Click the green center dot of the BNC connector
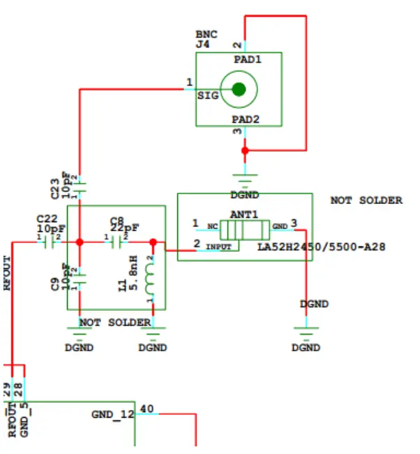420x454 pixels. [x=239, y=89]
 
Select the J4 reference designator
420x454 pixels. [x=202, y=44]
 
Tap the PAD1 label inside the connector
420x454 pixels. [x=247, y=60]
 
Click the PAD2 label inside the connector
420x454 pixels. [x=247, y=119]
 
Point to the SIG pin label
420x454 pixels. [x=208, y=94]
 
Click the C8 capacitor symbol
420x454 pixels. [x=117, y=242]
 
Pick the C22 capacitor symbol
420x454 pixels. [x=49, y=242]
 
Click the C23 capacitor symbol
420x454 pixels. [x=80, y=186]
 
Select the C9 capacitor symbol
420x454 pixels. [x=80, y=278]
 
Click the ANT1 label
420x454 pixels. [x=244, y=214]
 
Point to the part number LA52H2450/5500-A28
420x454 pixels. [x=322, y=247]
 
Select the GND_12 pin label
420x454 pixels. [x=112, y=414]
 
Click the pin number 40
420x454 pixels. [x=147, y=409]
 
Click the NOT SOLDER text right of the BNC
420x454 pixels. [x=366, y=200]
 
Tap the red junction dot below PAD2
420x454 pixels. [x=244, y=150]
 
